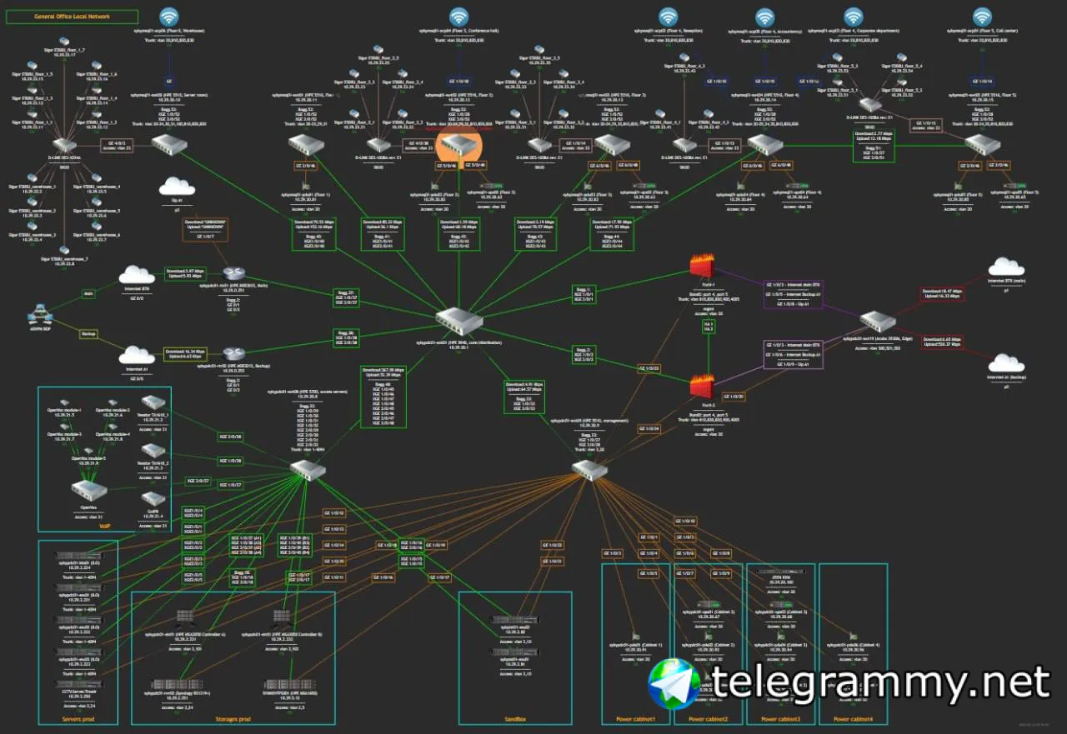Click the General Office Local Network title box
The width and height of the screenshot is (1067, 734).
73,17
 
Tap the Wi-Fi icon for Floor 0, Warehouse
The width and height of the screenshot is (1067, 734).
169,17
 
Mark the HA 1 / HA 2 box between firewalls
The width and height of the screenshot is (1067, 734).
709,327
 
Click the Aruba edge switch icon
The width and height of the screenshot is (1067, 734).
875,321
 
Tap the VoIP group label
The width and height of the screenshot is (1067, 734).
105,526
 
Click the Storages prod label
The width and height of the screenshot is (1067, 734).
233,719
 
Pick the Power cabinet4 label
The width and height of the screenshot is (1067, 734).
853,719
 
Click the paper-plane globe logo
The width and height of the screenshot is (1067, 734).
677,684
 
